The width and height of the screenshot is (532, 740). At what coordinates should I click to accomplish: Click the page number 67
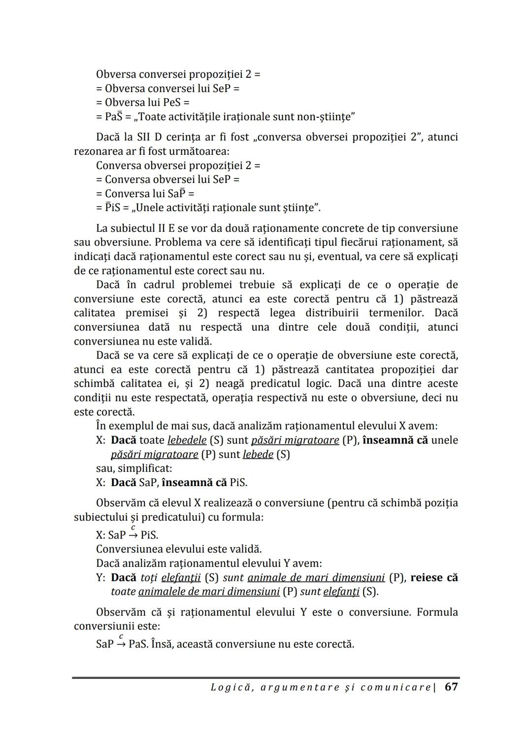click(x=451, y=687)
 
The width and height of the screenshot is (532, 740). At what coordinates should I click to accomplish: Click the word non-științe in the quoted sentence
click(x=328, y=117)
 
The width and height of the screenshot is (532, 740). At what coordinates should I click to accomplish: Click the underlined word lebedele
click(x=187, y=440)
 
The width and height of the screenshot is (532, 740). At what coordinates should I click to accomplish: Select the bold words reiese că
click(x=434, y=577)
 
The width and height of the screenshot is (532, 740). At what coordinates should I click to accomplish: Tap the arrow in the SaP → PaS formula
click(x=121, y=644)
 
